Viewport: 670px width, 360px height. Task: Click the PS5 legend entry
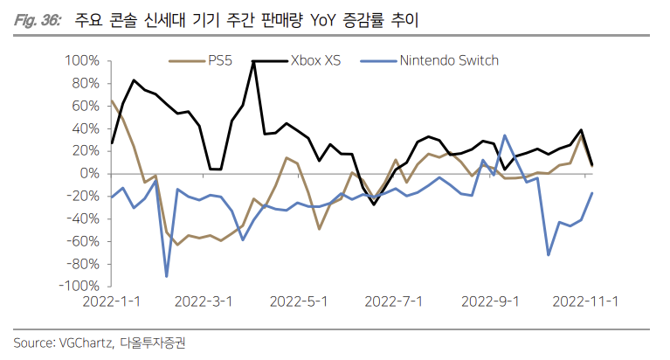[219, 60]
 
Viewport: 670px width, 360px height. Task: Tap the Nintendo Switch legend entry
[448, 60]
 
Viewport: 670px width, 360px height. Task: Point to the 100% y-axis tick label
[82, 61]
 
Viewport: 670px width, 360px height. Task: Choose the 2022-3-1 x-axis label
[204, 301]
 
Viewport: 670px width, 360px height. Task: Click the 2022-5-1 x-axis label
[299, 301]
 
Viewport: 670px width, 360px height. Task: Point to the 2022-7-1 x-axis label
[394, 301]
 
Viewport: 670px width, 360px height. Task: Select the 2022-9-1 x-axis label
[490, 301]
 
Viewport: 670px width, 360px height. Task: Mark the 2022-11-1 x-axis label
[588, 301]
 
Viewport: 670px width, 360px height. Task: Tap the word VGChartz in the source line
[85, 343]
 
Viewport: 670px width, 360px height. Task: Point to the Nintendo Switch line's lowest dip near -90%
[166, 276]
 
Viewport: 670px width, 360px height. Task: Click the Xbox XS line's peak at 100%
[253, 61]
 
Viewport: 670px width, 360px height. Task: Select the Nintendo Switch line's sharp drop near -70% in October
[549, 255]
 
